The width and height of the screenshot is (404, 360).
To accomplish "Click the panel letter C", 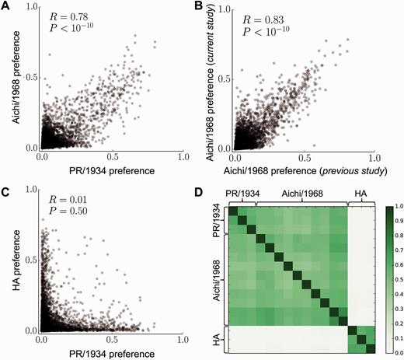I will click(5, 186).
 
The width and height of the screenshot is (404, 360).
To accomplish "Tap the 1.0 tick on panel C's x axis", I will click(183, 340).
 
